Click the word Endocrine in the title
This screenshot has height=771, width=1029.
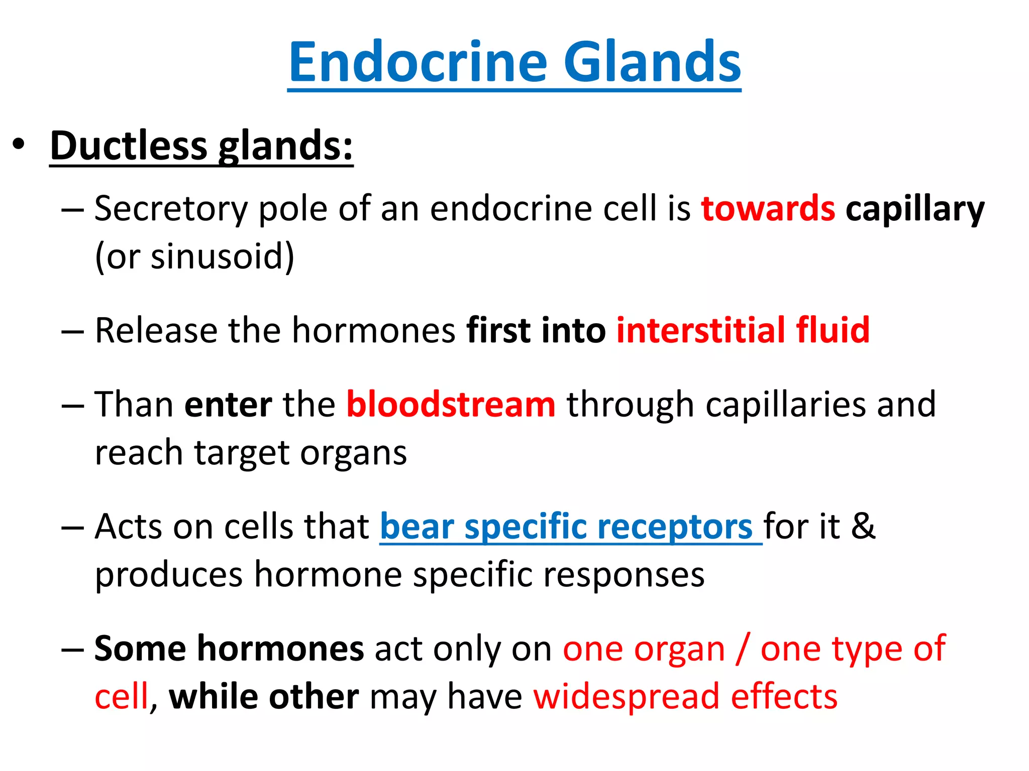pos(418,62)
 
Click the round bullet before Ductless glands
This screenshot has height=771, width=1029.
pos(19,145)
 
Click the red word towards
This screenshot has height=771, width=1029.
pos(768,208)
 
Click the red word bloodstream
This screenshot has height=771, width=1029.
pos(451,405)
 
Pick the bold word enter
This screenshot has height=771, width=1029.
pos(228,405)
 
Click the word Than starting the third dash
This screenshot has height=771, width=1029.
pos(134,405)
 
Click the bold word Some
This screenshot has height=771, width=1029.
pos(140,649)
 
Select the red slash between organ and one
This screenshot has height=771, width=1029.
pos(743,649)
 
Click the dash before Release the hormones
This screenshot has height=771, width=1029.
pos(72,331)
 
